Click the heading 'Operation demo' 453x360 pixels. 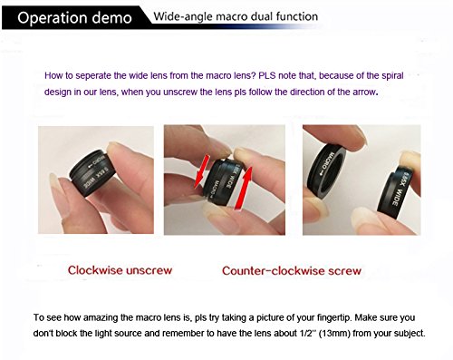pyautogui.click(x=74, y=18)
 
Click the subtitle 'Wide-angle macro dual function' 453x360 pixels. pyautogui.click(x=236, y=16)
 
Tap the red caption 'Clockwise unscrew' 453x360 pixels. pyautogui.click(x=120, y=270)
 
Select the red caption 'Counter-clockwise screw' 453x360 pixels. pyautogui.click(x=292, y=270)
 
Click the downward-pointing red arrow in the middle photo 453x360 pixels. pyautogui.click(x=201, y=171)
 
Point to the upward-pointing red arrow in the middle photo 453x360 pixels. pyautogui.click(x=243, y=188)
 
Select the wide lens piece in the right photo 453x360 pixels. pyautogui.click(x=397, y=193)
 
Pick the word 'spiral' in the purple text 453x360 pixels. pyautogui.click(x=392, y=75)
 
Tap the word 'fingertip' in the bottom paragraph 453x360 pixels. pyautogui.click(x=334, y=317)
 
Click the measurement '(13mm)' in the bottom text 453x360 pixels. pyautogui.click(x=334, y=334)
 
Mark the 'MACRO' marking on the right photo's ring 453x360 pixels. pyautogui.click(x=327, y=160)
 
